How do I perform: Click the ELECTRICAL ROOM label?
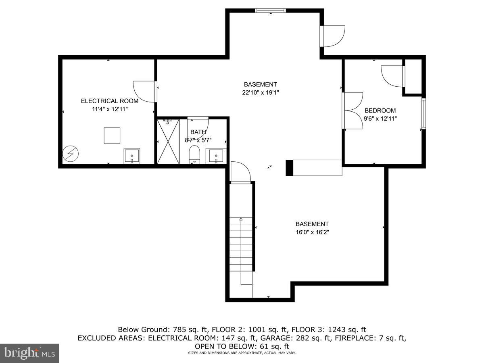[109, 101]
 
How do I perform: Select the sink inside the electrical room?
[132, 156]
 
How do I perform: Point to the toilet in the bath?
[194, 155]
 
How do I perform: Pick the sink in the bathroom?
[216, 156]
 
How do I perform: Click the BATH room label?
[198, 132]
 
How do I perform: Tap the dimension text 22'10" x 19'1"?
[260, 93]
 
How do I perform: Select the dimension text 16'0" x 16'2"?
[312, 232]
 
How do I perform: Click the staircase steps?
[241, 246]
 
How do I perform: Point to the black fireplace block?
[289, 168]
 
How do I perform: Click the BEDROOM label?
[380, 111]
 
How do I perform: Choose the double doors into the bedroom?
[353, 111]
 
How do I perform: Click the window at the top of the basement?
[271, 10]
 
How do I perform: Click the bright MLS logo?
[29, 353]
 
